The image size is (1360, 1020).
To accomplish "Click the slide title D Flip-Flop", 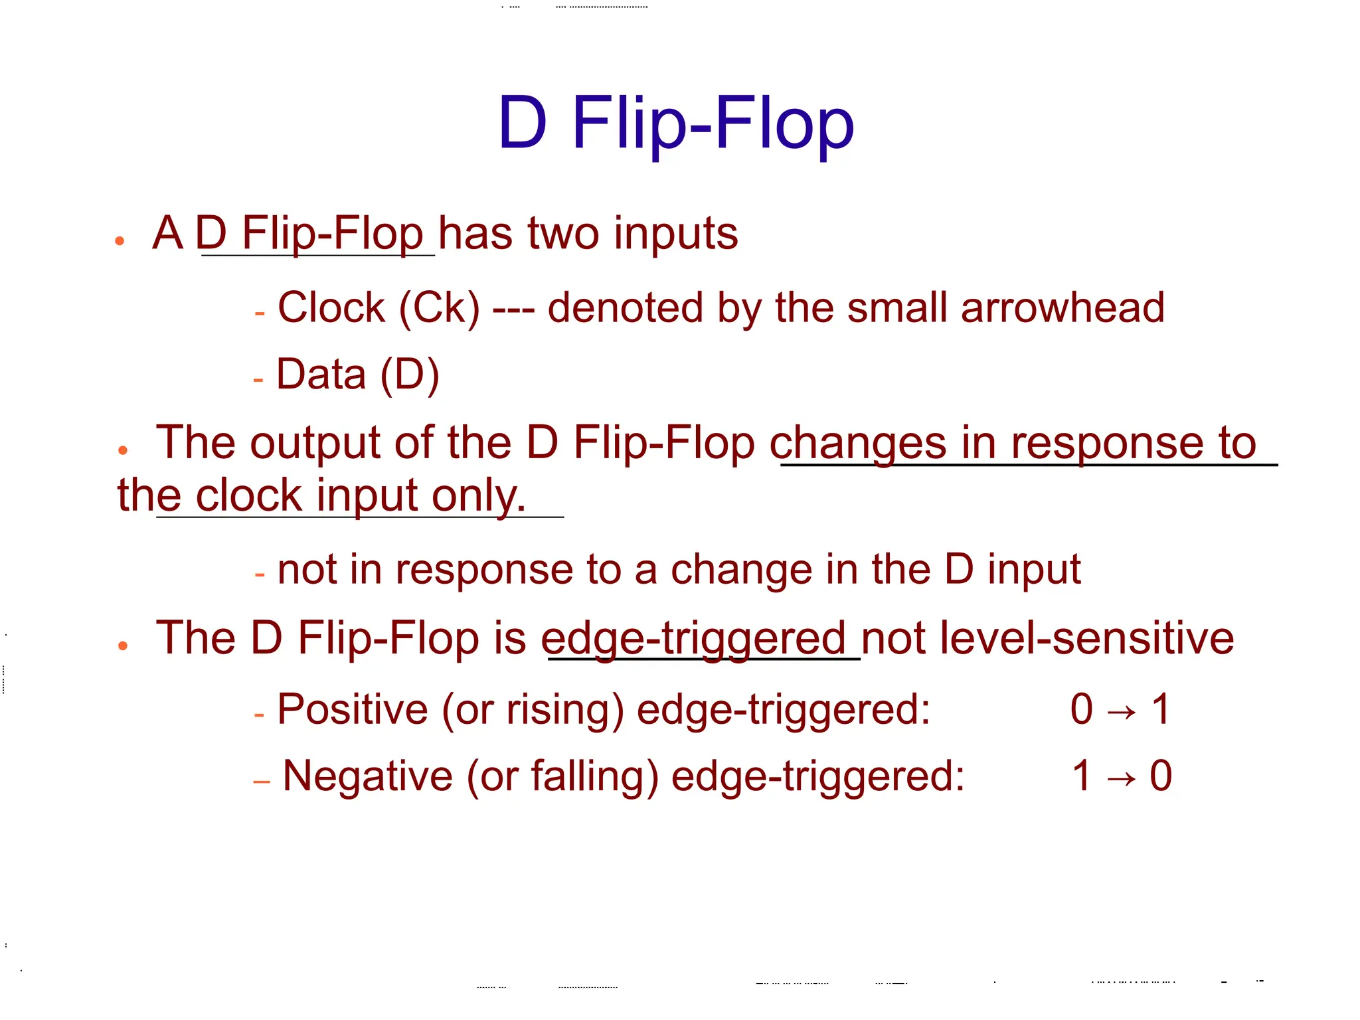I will coord(676,123).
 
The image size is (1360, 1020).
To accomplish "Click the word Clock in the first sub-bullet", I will coord(331,307).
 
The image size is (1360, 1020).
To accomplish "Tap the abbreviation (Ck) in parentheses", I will coord(439,309).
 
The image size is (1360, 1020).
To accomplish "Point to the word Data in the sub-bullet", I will coord(321,374).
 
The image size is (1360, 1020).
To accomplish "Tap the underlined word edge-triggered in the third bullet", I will coord(693,639).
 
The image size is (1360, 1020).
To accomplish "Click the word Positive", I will coord(353,709).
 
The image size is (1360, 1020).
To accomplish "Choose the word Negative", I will coord(367,776).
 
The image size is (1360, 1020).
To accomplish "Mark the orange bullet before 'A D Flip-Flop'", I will coord(120,241).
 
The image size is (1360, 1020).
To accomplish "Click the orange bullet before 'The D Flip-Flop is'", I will coord(122,645).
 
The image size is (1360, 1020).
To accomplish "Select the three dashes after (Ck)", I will coord(513,309).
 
